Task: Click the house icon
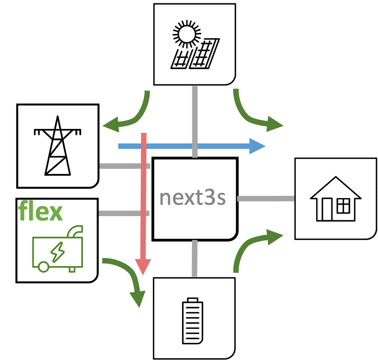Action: [x=335, y=199]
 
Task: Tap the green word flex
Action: [x=40, y=211]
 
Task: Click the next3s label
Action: [x=193, y=198]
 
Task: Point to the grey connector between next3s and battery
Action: [x=195, y=258]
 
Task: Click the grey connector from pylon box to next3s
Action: [x=125, y=166]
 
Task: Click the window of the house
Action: [x=343, y=206]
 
